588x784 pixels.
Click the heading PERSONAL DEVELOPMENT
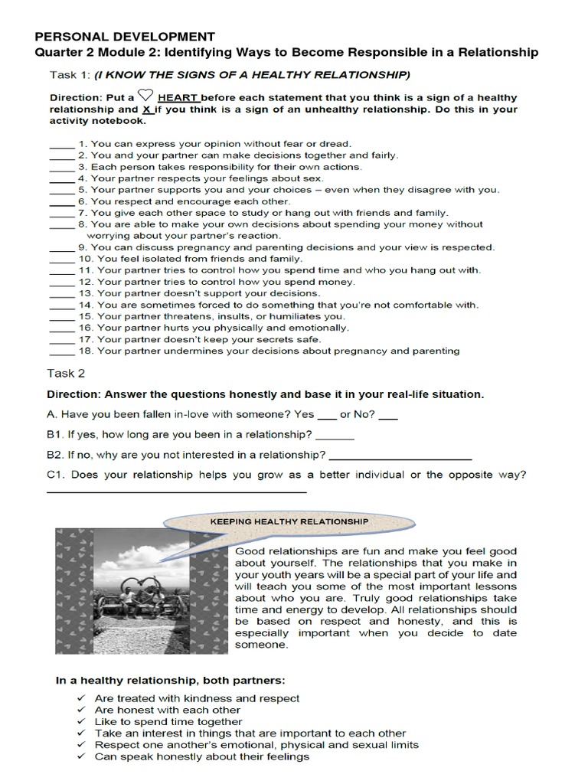[125, 37]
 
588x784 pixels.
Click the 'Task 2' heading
[66, 374]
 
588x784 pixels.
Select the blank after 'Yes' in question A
[326, 417]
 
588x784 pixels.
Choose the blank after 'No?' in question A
[388, 417]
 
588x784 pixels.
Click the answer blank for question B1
[335, 437]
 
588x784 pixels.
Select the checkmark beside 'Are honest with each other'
[82, 710]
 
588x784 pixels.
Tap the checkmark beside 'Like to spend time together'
[82, 721]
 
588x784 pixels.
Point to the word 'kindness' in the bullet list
[201, 698]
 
